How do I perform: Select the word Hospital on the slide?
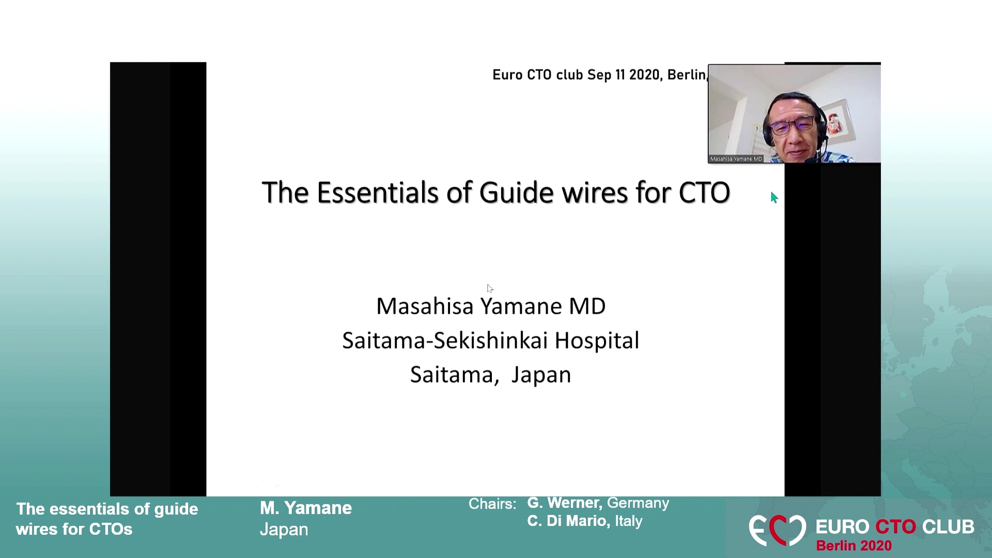(x=597, y=340)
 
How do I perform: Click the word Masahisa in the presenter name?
(x=425, y=306)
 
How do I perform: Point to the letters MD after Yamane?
(x=587, y=306)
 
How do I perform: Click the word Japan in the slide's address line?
(x=541, y=375)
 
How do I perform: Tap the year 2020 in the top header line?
(x=644, y=75)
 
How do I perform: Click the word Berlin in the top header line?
(x=686, y=75)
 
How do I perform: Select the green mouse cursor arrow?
(x=774, y=197)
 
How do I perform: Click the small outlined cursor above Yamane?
(x=490, y=288)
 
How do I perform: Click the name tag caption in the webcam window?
(x=736, y=159)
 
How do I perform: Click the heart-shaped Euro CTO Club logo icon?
(x=777, y=530)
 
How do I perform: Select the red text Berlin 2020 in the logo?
(x=854, y=546)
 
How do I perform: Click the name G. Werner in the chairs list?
(x=564, y=503)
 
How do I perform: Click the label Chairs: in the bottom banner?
(x=492, y=504)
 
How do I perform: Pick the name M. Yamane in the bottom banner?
(x=305, y=508)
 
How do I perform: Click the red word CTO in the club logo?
(x=895, y=527)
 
